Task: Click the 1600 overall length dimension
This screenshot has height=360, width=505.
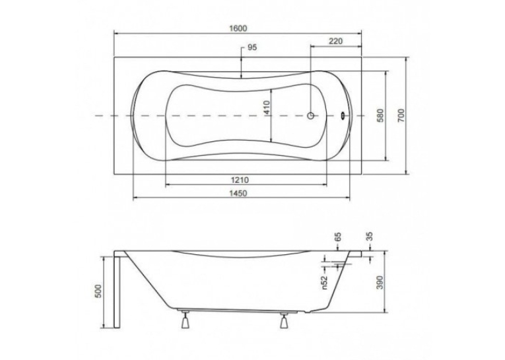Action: click(x=238, y=28)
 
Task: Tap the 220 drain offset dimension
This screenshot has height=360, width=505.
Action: click(x=335, y=41)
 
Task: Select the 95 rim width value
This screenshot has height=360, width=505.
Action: click(x=252, y=48)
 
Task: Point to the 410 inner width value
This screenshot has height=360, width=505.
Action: click(x=267, y=107)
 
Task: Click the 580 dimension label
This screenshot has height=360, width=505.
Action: click(x=381, y=116)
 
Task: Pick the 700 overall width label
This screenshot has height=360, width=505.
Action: click(x=401, y=116)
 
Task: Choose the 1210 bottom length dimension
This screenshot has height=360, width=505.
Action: click(x=239, y=180)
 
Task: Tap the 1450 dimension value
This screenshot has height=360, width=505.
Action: click(x=238, y=193)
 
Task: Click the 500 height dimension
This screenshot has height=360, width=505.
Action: click(x=98, y=291)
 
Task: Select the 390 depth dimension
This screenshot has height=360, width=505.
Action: click(x=380, y=282)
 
